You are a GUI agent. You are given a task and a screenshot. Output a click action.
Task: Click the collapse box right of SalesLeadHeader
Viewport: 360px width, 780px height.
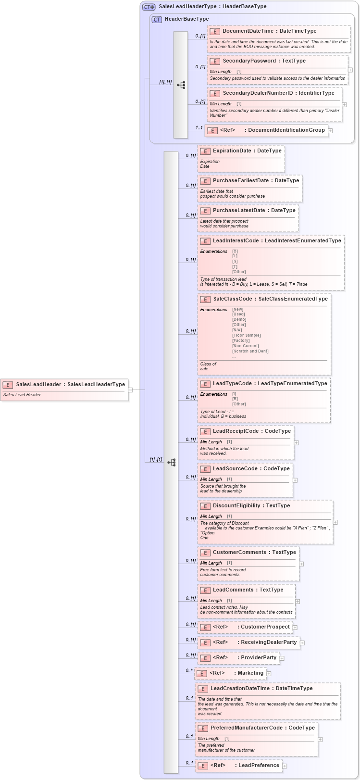130,390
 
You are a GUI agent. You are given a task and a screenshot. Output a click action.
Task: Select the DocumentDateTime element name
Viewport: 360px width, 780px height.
248,31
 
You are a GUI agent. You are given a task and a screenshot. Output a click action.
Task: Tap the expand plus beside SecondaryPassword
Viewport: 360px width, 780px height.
350,70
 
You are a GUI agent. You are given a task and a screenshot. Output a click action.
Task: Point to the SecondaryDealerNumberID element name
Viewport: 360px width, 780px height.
258,93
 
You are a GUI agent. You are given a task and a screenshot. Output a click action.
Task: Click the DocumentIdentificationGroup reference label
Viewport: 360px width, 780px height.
286,130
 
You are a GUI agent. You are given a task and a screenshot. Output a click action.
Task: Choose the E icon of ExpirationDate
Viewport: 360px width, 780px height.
205,151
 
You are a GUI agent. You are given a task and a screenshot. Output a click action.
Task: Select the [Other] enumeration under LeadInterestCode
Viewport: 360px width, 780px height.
239,272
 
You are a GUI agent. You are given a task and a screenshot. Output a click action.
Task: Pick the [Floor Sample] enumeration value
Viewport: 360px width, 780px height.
246,335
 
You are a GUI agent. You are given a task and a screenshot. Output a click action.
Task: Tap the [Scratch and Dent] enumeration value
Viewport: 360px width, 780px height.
250,351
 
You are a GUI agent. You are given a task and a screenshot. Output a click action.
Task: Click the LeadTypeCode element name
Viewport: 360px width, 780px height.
232,384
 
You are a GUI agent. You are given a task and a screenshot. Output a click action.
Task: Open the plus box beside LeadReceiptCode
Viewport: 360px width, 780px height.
296,442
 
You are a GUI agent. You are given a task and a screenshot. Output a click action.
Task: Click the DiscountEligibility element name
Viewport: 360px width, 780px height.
238,506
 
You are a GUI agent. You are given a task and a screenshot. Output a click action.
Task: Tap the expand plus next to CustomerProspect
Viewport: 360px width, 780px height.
295,627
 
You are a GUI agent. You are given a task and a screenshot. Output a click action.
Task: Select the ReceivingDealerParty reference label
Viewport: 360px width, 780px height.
269,642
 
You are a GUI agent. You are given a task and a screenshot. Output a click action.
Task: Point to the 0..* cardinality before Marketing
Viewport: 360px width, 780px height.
189,670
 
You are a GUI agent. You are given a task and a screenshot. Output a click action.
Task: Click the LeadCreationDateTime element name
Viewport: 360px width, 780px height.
240,689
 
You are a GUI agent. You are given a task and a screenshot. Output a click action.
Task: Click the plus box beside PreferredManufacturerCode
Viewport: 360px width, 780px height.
320,740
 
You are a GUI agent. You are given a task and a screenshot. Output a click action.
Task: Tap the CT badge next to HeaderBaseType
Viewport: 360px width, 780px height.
157,19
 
